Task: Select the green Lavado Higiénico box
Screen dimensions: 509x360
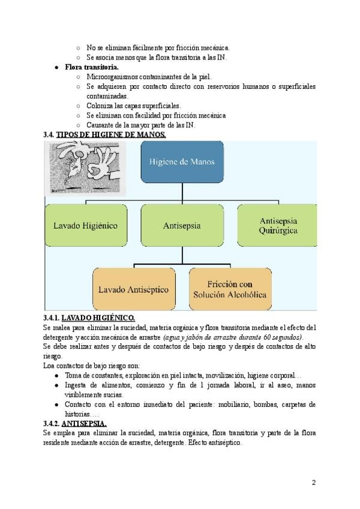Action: (x=85, y=226)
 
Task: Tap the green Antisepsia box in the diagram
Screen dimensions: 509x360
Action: (x=182, y=226)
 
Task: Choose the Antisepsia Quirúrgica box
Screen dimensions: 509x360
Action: (x=278, y=226)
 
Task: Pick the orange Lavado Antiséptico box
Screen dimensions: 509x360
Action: (x=133, y=289)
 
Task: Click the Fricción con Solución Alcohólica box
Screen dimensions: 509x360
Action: (x=230, y=289)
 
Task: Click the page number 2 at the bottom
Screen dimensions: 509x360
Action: (x=314, y=482)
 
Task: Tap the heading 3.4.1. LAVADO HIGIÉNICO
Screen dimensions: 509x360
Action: (x=89, y=318)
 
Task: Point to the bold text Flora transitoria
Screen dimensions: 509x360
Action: (x=91, y=67)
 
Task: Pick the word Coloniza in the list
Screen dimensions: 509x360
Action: (x=100, y=106)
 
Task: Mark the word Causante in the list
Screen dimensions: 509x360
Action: (x=101, y=125)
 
